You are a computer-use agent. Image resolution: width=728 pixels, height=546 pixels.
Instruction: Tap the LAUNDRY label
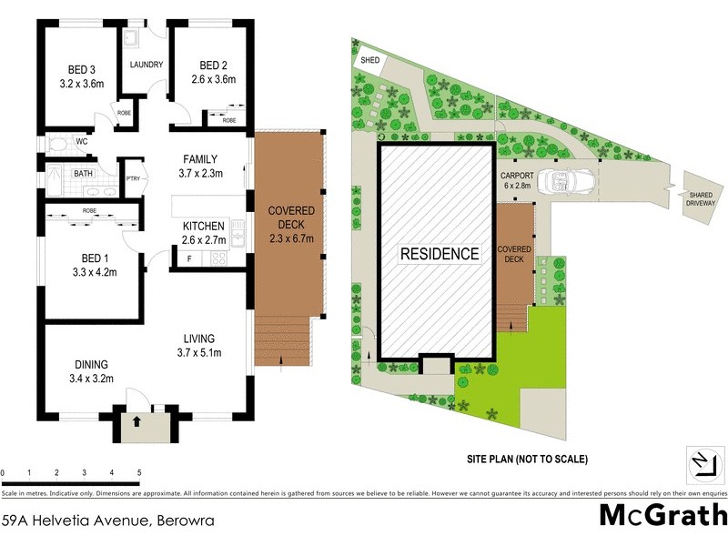(x=146, y=65)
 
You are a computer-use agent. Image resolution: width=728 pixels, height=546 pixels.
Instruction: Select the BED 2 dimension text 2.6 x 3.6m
(x=212, y=79)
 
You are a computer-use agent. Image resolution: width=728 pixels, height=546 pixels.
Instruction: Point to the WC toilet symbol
(x=56, y=144)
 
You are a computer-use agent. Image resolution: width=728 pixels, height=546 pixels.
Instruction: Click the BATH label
(x=83, y=173)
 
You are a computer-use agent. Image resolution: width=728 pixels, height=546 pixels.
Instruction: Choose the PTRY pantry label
(x=133, y=178)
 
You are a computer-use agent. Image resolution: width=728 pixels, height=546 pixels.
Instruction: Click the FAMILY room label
(x=199, y=159)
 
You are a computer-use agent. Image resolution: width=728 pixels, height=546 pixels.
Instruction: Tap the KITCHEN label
(x=204, y=227)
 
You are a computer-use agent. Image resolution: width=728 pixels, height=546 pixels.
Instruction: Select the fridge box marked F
(x=188, y=258)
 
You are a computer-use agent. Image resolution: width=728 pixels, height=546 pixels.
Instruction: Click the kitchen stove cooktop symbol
(x=218, y=258)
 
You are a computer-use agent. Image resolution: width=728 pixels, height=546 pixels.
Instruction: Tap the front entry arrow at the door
(x=136, y=421)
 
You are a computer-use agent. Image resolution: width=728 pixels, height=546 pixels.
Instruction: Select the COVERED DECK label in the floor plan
(x=291, y=224)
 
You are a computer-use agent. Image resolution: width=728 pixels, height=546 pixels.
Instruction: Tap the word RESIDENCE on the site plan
(x=440, y=254)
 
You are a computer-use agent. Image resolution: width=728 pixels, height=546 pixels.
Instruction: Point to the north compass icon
(x=702, y=465)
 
